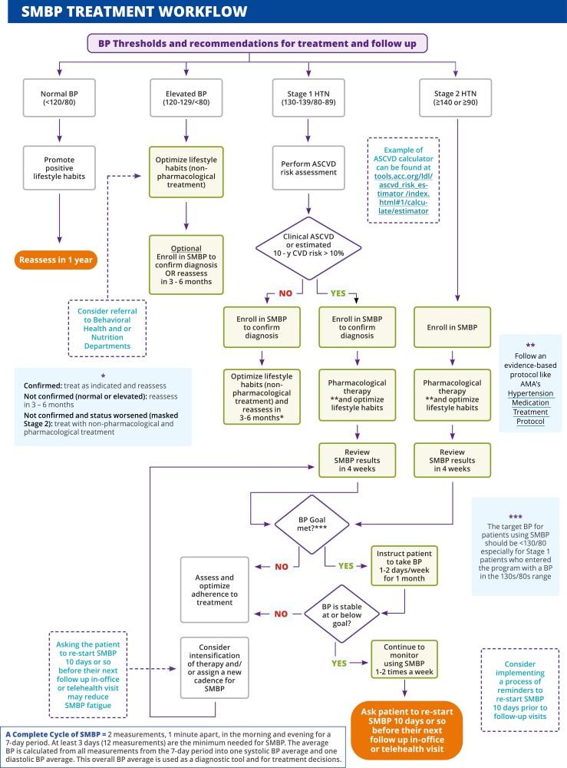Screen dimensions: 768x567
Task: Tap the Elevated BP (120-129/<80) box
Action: [184, 97]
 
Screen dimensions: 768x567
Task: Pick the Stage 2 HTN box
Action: [457, 97]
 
